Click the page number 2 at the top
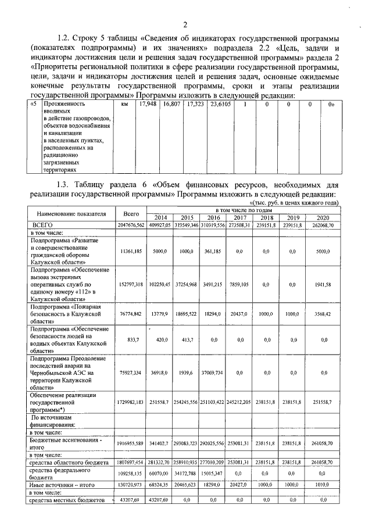pyautogui.click(x=185, y=24)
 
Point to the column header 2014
pyautogui.click(x=158, y=217)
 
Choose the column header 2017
pyautogui.click(x=239, y=217)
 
